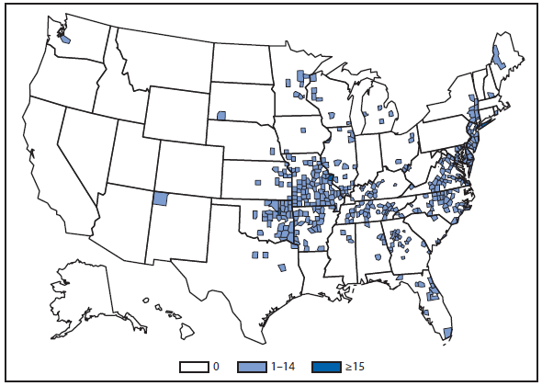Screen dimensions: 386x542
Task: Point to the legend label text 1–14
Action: [285, 367]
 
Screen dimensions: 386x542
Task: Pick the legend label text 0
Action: [216, 367]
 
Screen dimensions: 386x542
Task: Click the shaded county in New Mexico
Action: [161, 199]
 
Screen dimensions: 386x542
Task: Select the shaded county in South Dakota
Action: [222, 115]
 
